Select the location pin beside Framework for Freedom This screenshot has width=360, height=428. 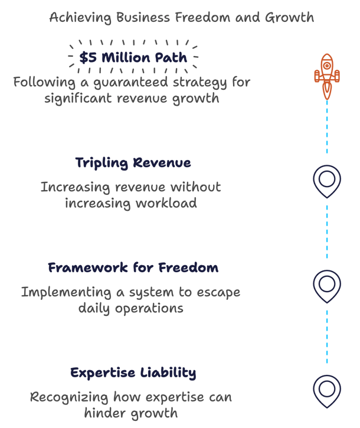click(326, 285)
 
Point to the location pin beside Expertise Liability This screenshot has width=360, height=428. click(326, 390)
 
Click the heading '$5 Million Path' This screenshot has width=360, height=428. click(133, 58)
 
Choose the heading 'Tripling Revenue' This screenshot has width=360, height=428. click(133, 162)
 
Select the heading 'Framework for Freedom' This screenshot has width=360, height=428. click(133, 267)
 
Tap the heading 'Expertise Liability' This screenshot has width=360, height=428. click(133, 373)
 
